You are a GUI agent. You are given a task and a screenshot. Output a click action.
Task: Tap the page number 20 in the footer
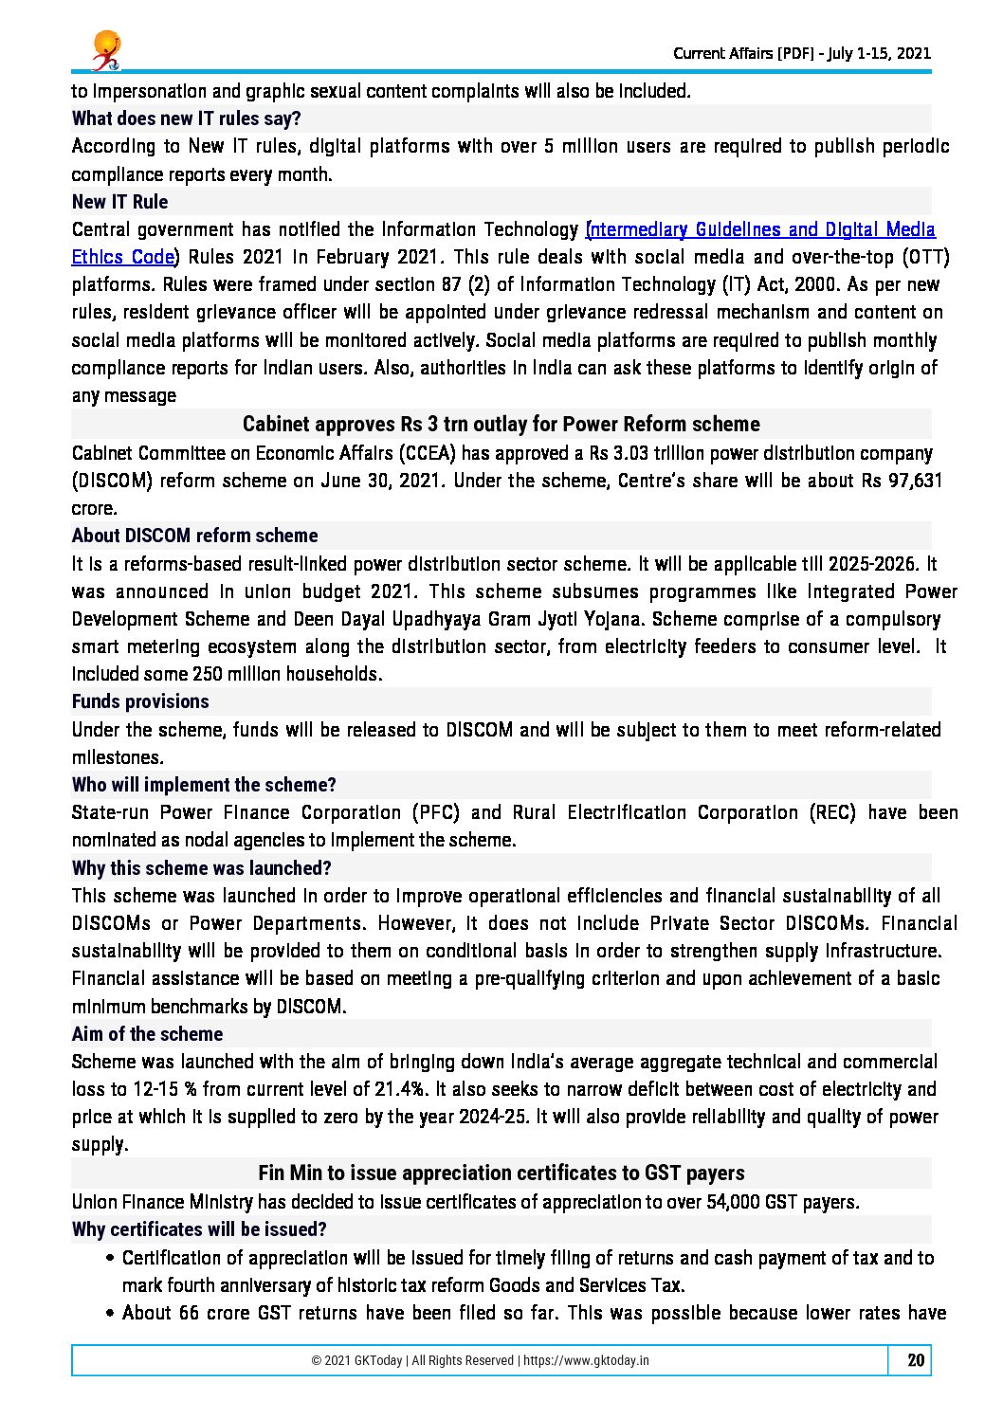coord(915,1360)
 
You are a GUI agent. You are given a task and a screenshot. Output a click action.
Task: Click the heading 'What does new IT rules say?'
coord(187,118)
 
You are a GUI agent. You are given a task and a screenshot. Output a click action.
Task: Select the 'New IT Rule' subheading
coord(120,202)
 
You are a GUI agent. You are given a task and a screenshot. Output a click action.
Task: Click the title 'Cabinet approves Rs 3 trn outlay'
coord(501,424)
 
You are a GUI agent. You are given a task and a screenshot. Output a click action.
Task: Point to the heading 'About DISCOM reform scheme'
coord(194,536)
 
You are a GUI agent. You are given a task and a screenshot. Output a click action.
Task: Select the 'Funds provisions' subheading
coord(140,701)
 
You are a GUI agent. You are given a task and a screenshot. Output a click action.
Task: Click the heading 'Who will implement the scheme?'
coord(204,785)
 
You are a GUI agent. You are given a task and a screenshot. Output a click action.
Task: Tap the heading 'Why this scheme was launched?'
coord(201,868)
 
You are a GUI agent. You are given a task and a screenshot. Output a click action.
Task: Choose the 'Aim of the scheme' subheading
coord(148,1034)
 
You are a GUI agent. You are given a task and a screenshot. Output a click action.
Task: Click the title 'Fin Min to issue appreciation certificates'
coord(501,1173)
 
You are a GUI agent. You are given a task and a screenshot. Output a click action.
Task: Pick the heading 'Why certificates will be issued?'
coord(199,1229)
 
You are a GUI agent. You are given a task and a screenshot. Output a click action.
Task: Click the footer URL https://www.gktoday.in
coord(586,1360)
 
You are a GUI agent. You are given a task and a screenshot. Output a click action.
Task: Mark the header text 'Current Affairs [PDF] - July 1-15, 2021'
coord(802,53)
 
